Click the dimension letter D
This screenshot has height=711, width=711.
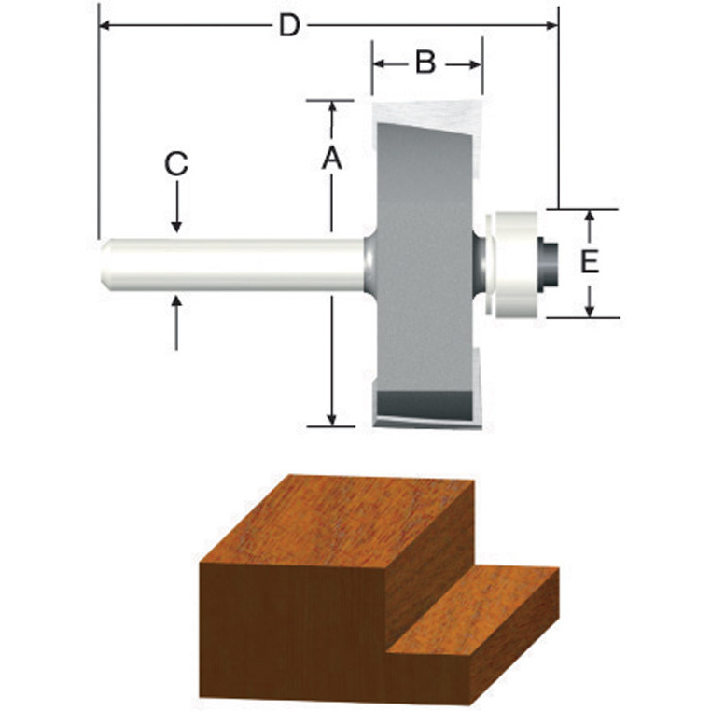pyautogui.click(x=290, y=26)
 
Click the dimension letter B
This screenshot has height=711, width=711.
pyautogui.click(x=425, y=63)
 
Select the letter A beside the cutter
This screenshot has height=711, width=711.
pyautogui.click(x=331, y=160)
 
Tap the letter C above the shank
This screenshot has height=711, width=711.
pyautogui.click(x=176, y=165)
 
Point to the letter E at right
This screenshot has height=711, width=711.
pyautogui.click(x=588, y=262)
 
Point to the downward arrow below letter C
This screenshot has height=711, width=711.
pyautogui.click(x=176, y=221)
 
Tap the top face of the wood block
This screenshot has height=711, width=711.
pyautogui.click(x=355, y=518)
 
